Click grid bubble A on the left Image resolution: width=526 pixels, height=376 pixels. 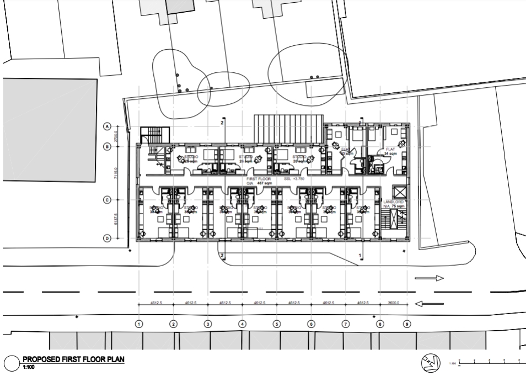click(108, 126)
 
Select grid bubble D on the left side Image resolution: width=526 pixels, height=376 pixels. click(108, 239)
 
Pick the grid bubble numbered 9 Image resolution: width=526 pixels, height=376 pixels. click(407, 324)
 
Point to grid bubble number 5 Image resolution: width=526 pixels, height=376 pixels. click(277, 324)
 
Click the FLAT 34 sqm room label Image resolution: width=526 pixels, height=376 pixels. click(390, 151)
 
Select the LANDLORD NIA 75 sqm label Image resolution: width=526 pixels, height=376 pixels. click(394, 204)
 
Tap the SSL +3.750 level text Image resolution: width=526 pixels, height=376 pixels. click(295, 179)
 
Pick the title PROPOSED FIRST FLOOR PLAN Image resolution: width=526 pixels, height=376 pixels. click(73, 359)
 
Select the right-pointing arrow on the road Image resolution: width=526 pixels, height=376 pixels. click(430, 278)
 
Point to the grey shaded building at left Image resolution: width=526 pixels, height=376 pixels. click(50, 130)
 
